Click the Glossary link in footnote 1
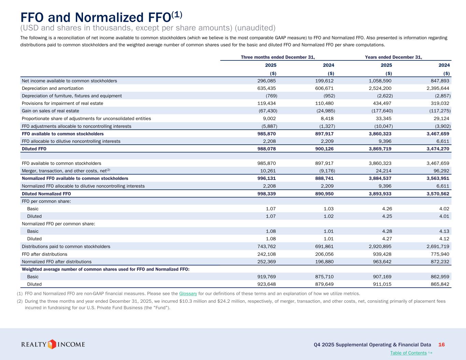coord(188,293)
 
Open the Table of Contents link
coord(408,353)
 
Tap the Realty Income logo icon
coord(52,344)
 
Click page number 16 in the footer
coord(441,345)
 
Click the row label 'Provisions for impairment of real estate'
coord(62,103)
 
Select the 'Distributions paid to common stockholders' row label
coord(66,246)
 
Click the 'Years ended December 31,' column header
coord(393,57)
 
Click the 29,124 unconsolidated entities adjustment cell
coord(440,118)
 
